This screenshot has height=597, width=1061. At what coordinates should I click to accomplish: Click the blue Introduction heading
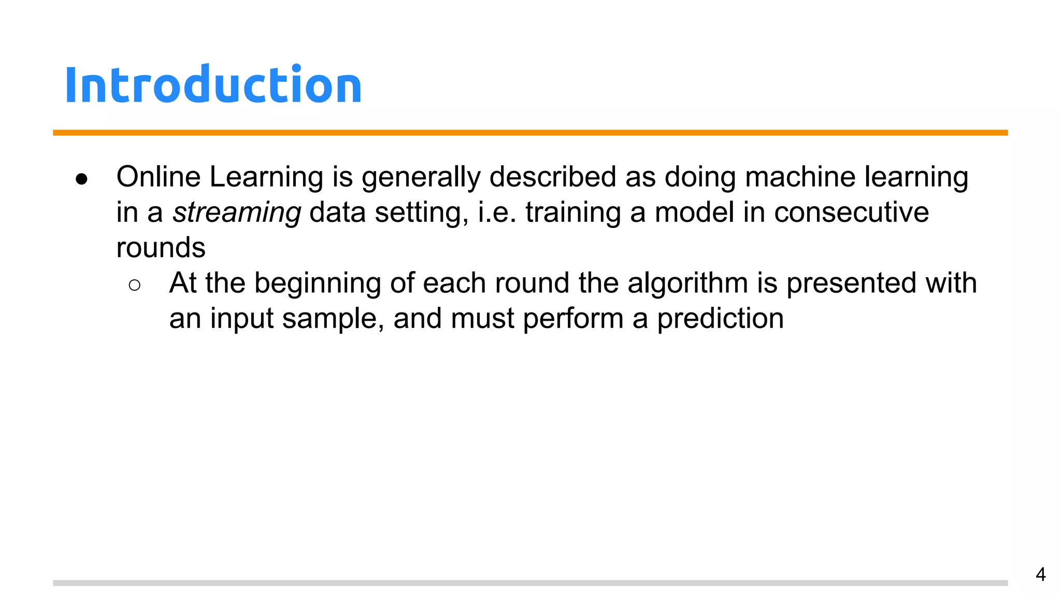[213, 85]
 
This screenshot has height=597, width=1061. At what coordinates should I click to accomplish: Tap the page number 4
[1040, 575]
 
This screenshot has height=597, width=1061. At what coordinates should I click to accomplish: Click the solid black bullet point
[81, 179]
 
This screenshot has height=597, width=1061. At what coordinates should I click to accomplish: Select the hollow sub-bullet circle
[134, 285]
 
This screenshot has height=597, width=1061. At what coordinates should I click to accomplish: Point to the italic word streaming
[237, 212]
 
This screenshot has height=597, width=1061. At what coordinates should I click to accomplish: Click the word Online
[159, 177]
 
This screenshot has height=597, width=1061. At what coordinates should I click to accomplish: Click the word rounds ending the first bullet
[161, 248]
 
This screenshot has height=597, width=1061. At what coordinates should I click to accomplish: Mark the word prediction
[720, 319]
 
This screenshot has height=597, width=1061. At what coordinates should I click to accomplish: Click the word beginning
[317, 284]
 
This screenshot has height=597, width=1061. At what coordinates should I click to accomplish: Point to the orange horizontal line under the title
[530, 133]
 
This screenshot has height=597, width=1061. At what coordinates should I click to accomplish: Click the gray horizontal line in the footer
[530, 583]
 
